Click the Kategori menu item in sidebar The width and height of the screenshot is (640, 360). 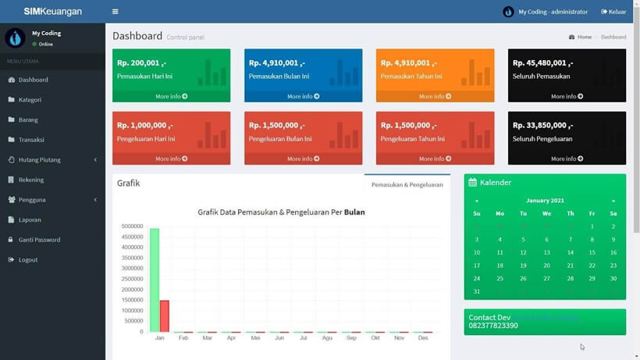[30, 100]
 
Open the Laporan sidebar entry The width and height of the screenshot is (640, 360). [30, 219]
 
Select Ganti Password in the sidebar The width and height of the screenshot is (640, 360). [39, 240]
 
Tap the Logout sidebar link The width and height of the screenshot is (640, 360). [28, 260]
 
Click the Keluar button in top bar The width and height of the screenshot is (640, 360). [613, 12]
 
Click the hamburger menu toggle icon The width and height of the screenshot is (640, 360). [116, 12]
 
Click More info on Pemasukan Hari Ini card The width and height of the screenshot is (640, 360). [171, 96]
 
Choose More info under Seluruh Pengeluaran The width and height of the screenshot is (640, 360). [567, 159]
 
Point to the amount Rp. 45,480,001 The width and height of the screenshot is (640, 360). [542, 62]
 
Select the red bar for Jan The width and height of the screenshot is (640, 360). [164, 315]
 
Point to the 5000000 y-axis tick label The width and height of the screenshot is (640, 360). [131, 226]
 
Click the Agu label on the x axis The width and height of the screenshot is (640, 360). [327, 338]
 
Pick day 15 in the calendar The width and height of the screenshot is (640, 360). [592, 253]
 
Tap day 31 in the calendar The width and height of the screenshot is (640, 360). [477, 291]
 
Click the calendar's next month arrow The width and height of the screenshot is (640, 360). [613, 201]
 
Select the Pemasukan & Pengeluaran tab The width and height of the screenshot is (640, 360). [407, 185]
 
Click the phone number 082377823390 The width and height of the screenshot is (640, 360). [493, 326]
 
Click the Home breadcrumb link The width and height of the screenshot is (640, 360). [584, 37]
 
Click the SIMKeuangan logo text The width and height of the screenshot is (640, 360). [52, 12]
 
